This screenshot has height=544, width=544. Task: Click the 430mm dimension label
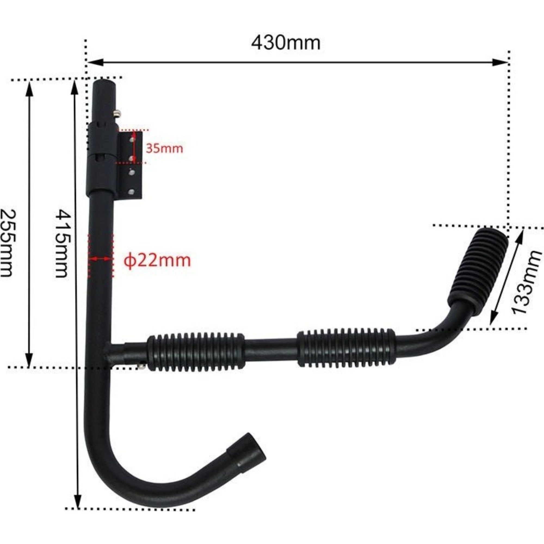pyautogui.click(x=286, y=44)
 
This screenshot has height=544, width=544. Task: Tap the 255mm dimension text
pyautogui.click(x=8, y=243)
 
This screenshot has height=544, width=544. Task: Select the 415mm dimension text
pyautogui.click(x=63, y=244)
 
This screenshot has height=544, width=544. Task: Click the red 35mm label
pyautogui.click(x=165, y=149)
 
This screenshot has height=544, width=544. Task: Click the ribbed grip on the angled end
pyautogui.click(x=478, y=271)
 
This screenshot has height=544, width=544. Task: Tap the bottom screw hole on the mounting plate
pyautogui.click(x=131, y=192)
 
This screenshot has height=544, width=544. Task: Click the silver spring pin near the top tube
pyautogui.click(x=117, y=114)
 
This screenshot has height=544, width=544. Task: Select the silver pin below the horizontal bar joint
pyautogui.click(x=142, y=366)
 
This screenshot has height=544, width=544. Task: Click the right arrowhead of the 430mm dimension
pyautogui.click(x=500, y=62)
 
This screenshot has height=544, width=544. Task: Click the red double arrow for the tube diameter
pyautogui.click(x=101, y=258)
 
